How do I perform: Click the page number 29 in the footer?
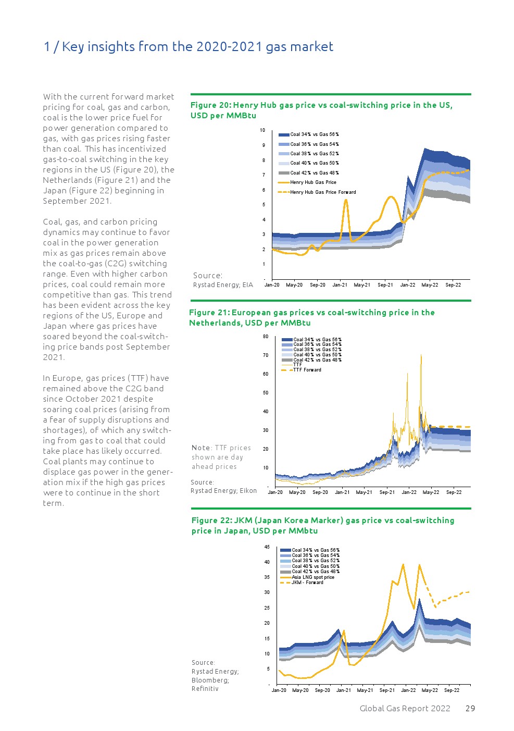[470, 708]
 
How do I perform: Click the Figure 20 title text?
[321, 110]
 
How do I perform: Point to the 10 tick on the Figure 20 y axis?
[262, 130]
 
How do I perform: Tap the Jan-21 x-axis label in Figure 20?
[340, 285]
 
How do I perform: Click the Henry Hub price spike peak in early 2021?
[346, 200]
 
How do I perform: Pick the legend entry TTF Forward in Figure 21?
[307, 370]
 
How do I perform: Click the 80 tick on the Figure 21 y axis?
[266, 337]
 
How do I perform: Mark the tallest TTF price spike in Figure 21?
[421, 355]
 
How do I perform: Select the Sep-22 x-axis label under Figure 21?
[454, 492]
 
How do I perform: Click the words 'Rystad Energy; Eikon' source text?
[223, 491]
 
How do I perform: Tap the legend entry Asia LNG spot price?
[312, 577]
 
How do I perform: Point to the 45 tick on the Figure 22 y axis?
[267, 547]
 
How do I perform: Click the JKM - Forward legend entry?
[307, 583]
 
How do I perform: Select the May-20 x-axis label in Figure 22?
[300, 690]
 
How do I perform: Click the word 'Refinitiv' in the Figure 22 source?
[205, 689]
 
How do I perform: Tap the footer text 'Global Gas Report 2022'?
[405, 708]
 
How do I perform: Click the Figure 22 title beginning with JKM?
[323, 525]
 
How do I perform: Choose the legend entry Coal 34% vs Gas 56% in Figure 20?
[315, 134]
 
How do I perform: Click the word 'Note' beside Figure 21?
[201, 448]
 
